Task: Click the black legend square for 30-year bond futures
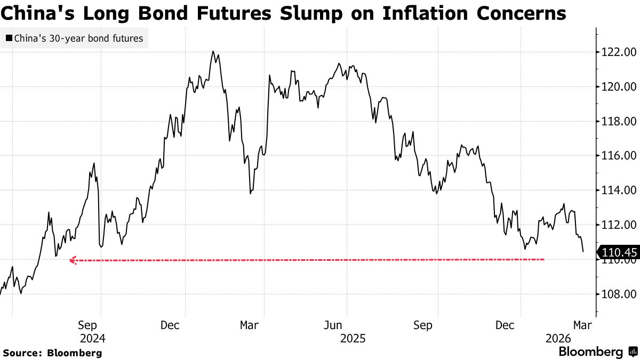point(9,38)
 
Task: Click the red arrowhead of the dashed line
point(74,260)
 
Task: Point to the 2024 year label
point(92,338)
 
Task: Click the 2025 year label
point(352,338)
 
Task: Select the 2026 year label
point(558,338)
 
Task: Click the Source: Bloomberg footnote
point(52,353)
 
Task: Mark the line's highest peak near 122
point(213,51)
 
